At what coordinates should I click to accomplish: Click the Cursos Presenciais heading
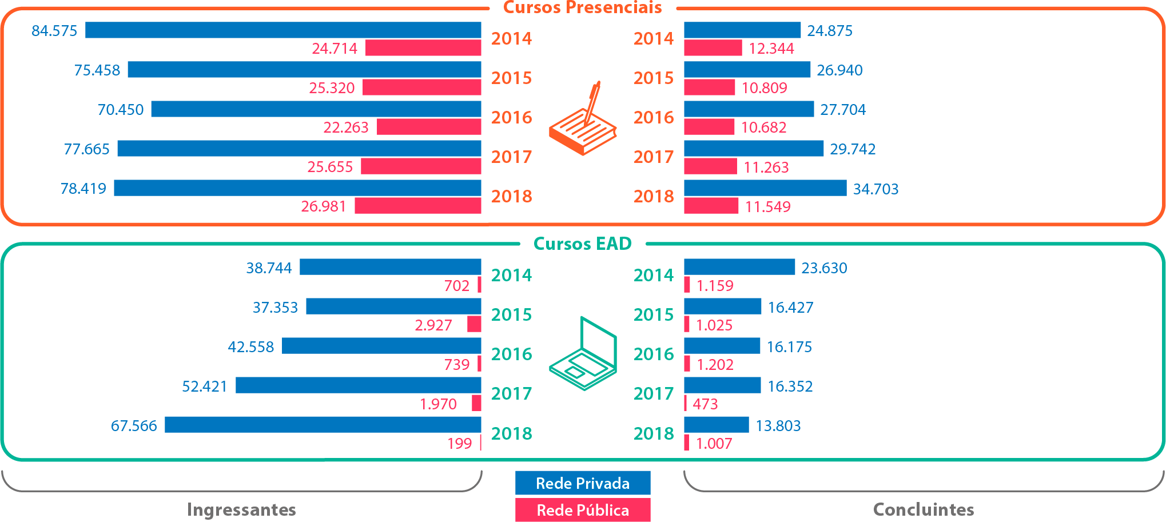pos(582,8)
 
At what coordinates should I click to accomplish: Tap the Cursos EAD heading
pos(582,244)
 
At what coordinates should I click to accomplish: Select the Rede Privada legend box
pos(582,483)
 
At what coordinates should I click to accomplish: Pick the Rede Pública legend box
pos(582,510)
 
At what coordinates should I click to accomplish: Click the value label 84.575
pos(54,31)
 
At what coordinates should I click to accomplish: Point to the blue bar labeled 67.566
pos(323,425)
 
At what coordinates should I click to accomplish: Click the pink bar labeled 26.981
pos(417,206)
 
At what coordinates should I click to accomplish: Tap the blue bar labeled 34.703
pos(765,188)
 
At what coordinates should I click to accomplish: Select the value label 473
pos(705,404)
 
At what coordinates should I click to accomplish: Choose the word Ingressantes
pos(241,509)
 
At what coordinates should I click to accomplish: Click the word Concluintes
pos(924,509)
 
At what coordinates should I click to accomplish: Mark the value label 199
pos(459,444)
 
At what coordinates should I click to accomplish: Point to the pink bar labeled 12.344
pos(713,48)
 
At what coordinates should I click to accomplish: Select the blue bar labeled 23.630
pos(739,267)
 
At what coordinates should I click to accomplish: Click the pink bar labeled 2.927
pos(474,324)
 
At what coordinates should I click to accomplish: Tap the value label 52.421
pos(204,386)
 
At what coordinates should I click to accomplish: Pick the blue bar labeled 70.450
pos(316,109)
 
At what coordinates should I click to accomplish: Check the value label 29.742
pos(853,149)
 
